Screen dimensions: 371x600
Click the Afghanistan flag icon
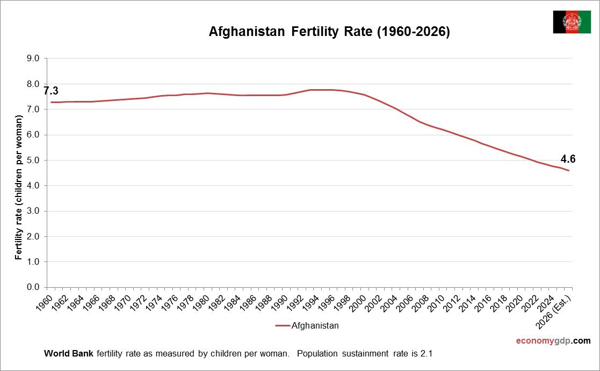tap(572, 22)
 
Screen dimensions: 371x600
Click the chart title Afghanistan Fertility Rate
tap(329, 32)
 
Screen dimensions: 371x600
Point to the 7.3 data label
tap(51, 91)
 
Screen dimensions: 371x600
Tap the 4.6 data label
tap(568, 159)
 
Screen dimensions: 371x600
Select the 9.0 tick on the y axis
tap(33, 59)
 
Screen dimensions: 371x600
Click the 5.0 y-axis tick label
tap(33, 161)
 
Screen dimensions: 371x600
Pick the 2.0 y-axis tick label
tap(33, 237)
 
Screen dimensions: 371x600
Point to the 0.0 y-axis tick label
tap(33, 287)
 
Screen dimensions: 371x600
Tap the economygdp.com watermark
tap(553, 340)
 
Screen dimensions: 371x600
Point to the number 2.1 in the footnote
tap(426, 354)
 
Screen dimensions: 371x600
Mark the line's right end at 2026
tap(569, 171)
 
